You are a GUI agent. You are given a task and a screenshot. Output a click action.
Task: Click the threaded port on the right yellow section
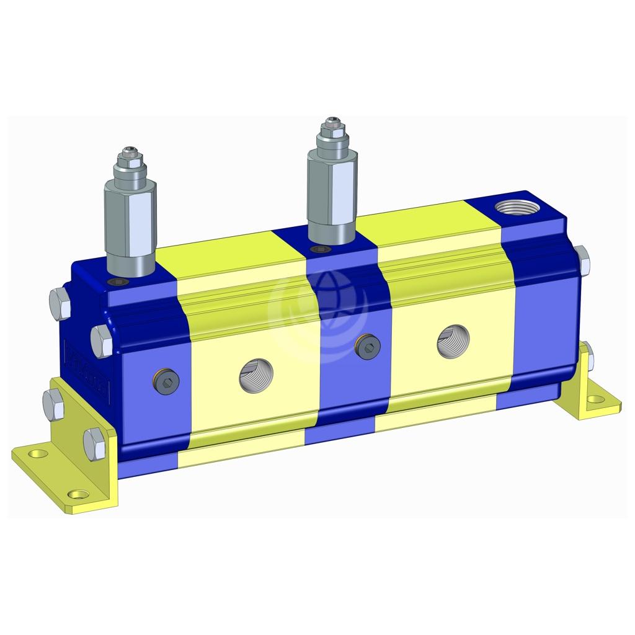tap(453, 343)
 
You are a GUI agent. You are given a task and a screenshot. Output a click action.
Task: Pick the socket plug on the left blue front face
tap(167, 383)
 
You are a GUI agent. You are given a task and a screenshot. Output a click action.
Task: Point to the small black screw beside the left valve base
tap(117, 283)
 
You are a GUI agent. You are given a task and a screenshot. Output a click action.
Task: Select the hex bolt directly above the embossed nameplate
tap(101, 339)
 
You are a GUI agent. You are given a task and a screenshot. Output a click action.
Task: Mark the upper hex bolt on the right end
tap(582, 260)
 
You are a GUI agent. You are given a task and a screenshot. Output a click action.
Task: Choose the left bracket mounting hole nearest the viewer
tap(78, 494)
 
